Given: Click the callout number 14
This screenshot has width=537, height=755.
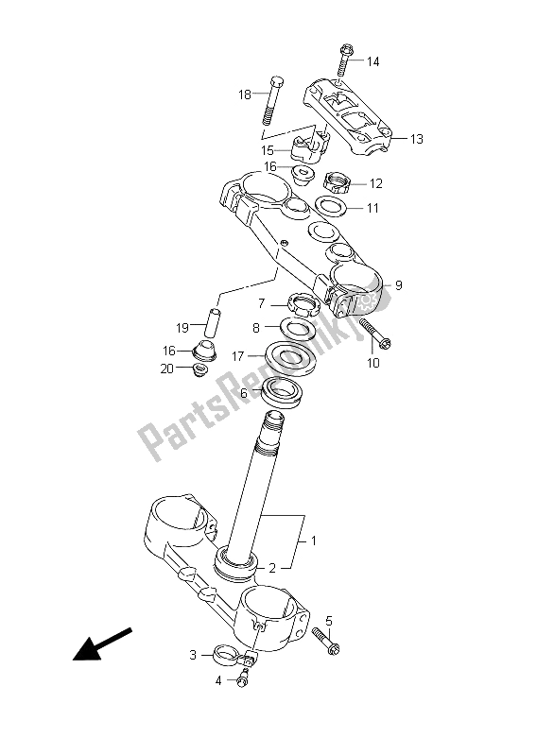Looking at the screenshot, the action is [x=372, y=61].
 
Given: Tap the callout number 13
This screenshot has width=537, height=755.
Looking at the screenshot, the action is [x=417, y=139].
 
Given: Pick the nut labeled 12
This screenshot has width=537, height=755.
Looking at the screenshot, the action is [x=337, y=183].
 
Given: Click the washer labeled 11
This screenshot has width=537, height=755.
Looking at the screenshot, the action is [x=332, y=207].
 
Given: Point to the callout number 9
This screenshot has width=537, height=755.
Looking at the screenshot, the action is [x=398, y=285].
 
